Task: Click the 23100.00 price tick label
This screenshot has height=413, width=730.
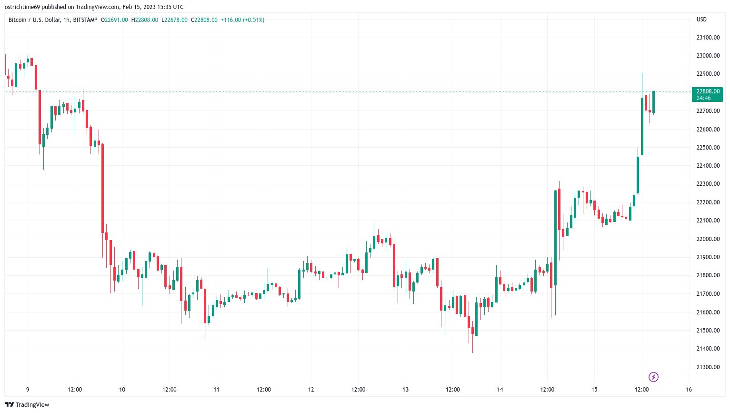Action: click(708, 38)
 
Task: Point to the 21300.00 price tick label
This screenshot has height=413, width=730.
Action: click(708, 367)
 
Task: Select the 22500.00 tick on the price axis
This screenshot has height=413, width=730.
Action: click(708, 148)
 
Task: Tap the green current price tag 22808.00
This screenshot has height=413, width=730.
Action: click(707, 94)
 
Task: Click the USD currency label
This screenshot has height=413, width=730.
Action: click(701, 20)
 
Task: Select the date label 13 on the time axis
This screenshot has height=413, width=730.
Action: click(405, 390)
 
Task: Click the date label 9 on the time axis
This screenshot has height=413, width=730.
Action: click(28, 390)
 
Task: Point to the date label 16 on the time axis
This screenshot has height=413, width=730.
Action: click(689, 390)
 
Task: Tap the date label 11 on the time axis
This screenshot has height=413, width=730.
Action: click(216, 390)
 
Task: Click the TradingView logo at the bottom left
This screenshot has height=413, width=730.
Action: click(28, 404)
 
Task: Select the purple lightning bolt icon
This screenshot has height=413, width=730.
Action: click(653, 377)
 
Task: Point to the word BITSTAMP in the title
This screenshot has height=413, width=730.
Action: click(85, 20)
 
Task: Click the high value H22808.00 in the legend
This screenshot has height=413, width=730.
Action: click(145, 20)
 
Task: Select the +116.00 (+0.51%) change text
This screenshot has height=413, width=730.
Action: click(242, 20)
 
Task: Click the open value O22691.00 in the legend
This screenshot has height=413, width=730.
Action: click(114, 20)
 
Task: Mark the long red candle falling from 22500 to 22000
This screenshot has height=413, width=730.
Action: click(102, 188)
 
